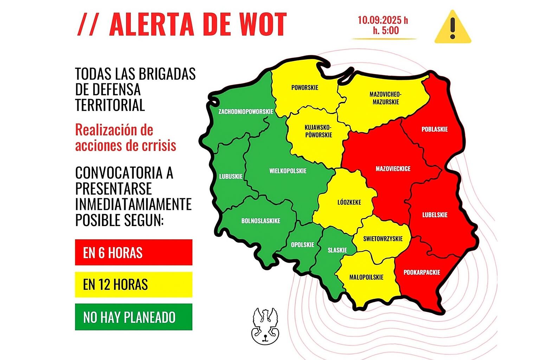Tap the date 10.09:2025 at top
[382, 20]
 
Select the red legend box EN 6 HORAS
[134, 252]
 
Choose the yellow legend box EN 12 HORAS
[134, 284]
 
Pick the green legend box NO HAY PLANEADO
[134, 317]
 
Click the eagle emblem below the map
[265, 326]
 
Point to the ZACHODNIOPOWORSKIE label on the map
[246, 111]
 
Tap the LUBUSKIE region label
[231, 176]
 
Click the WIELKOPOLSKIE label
[288, 171]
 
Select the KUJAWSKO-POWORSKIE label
[319, 131]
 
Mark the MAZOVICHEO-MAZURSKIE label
[386, 98]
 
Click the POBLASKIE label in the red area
[435, 129]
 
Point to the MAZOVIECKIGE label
[393, 169]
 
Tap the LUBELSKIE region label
[435, 215]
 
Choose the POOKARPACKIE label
[422, 272]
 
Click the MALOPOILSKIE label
[366, 277]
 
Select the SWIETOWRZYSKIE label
[383, 239]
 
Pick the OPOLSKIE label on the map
[302, 245]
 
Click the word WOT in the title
[263, 25]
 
